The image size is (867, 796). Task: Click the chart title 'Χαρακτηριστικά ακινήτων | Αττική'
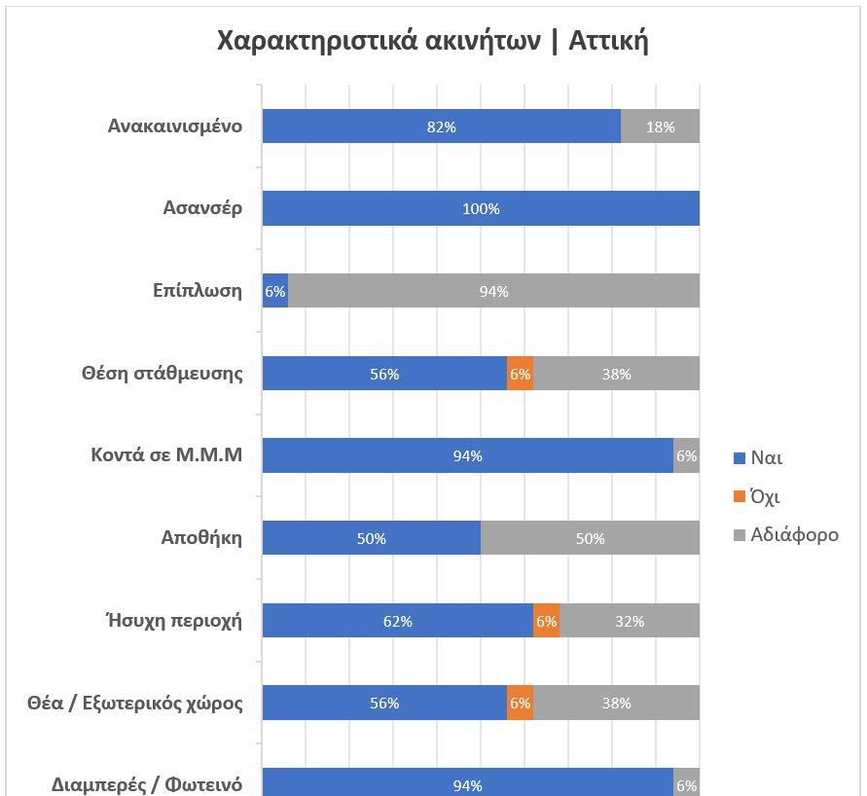[432, 42]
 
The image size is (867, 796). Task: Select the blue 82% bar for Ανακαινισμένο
[441, 127]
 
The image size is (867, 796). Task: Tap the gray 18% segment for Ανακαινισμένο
[660, 127]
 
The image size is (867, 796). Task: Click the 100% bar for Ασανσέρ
[481, 209]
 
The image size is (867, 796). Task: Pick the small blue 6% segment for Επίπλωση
[275, 291]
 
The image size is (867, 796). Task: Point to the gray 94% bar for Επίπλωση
[493, 291]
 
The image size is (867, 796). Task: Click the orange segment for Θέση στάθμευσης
[520, 374]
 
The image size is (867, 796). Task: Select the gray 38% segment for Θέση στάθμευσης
[616, 374]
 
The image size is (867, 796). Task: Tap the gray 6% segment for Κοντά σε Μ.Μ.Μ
[686, 455]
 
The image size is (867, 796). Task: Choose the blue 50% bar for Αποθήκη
[372, 538]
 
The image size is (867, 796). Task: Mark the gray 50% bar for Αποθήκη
[590, 538]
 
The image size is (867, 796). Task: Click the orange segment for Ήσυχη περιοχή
[546, 621]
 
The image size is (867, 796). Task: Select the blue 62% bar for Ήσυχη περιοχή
[398, 621]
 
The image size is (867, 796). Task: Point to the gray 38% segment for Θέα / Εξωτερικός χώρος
[616, 703]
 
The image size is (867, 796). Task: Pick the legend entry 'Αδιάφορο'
[786, 534]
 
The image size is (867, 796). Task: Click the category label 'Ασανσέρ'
[203, 209]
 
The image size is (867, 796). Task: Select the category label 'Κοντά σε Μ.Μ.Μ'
[166, 455]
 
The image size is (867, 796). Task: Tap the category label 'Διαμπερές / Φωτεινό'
[147, 784]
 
